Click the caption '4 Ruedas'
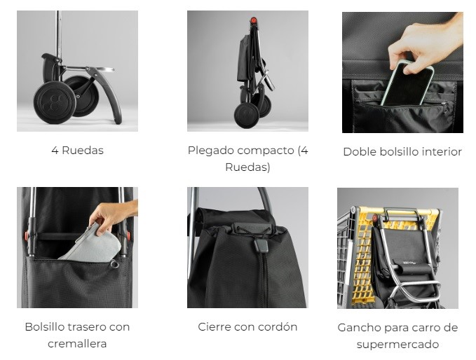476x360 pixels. [77, 150]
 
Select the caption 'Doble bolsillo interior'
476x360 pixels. [402, 152]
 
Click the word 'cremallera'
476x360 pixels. [77, 344]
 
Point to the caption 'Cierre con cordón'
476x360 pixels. [247, 327]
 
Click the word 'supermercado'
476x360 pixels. [397, 345]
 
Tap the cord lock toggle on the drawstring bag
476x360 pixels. [261, 245]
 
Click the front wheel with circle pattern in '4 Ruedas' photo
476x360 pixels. [55, 102]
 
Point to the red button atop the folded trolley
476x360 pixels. [253, 20]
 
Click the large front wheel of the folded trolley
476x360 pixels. [247, 116]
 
